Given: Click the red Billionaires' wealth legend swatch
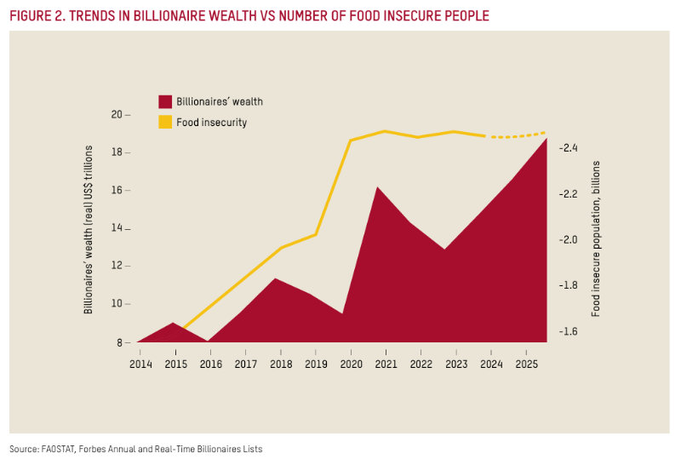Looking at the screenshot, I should coord(165,101).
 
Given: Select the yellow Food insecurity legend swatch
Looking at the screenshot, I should coord(165,123).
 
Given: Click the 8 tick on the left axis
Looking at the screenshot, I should coord(120,342).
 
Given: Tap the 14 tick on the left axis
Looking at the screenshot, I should coord(117,228).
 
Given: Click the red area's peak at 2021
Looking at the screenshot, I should coord(377,187).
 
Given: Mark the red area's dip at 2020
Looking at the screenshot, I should coord(342,313).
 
